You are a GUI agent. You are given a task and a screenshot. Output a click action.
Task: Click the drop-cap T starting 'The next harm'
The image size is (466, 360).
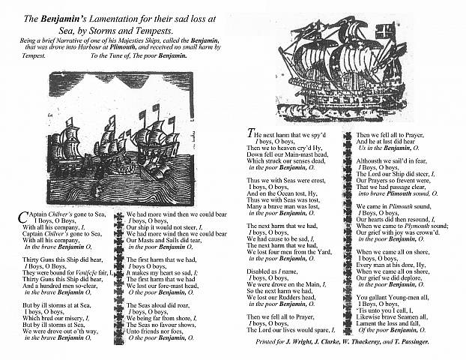(x=251, y=133)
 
